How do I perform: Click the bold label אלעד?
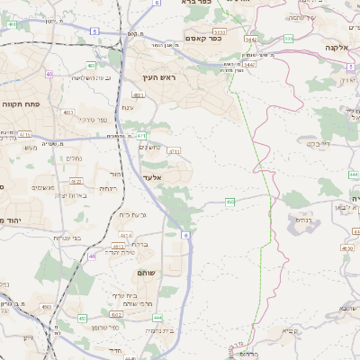click(x=150, y=177)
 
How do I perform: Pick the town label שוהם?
click(x=147, y=272)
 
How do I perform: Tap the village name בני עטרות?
click(x=68, y=238)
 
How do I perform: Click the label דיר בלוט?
click(x=320, y=143)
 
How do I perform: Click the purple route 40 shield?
click(x=49, y=74)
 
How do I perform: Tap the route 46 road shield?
click(x=92, y=256)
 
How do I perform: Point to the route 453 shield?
click(x=83, y=318)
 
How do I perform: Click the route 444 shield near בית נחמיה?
click(x=157, y=317)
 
